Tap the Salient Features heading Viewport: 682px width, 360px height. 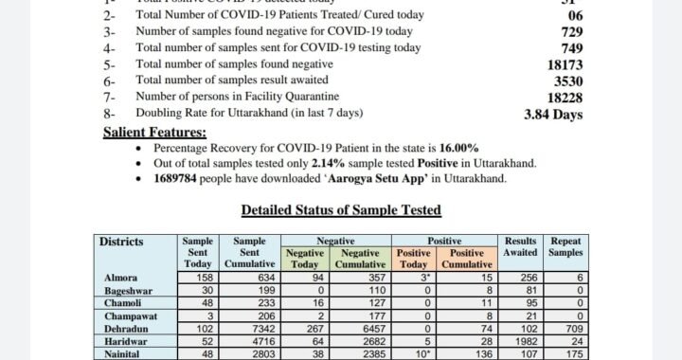click(154, 133)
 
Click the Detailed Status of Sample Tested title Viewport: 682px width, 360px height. click(341, 209)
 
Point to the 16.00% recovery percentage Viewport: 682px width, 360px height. click(459, 149)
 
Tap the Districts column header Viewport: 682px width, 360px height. click(122, 242)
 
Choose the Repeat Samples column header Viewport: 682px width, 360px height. click(566, 247)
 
